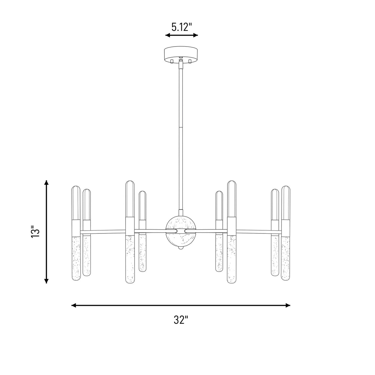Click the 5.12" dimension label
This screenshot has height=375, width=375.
[182, 27]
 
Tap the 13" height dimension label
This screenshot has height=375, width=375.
[35, 231]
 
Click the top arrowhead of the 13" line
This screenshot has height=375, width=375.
[46, 182]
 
